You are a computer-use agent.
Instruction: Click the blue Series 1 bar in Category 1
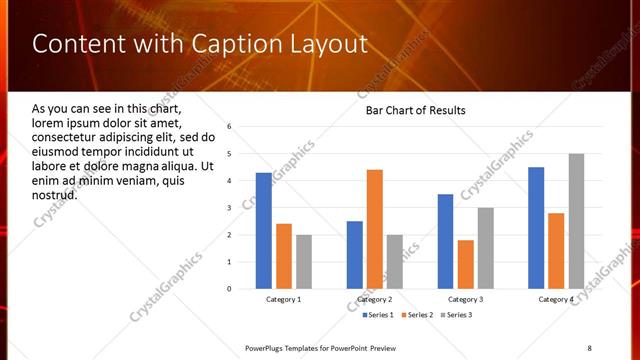point(264,231)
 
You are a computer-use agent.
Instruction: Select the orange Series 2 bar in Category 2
point(375,229)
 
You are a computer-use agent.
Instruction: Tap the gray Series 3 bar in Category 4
point(576,221)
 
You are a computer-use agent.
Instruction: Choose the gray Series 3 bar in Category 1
point(304,262)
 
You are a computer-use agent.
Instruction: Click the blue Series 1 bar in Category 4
point(536,228)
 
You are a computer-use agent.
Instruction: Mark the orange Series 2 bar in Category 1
point(284,256)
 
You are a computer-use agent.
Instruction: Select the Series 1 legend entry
point(375,315)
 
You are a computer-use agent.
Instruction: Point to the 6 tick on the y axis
point(229,127)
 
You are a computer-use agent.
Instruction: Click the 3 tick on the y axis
point(229,208)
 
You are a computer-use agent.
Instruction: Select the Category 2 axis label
point(374,299)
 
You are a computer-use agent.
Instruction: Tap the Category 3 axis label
point(465,299)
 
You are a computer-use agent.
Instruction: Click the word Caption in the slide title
point(233,44)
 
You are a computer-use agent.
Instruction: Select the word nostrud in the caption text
point(55,193)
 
